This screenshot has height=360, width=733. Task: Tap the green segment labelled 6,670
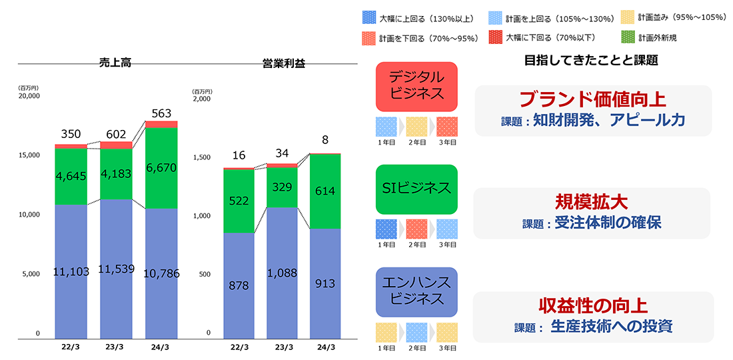coord(161,167)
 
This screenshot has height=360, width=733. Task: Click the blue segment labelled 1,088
coord(282,273)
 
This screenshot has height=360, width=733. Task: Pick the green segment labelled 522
coord(239,201)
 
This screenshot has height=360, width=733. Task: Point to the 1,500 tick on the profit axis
coord(201,157)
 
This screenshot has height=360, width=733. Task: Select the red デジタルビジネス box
coord(417,87)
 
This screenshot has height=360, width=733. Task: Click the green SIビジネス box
coord(417,189)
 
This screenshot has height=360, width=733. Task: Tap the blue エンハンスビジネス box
coord(417,292)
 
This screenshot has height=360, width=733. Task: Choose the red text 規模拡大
coord(591,202)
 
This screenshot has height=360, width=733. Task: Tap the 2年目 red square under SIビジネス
coord(417,229)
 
